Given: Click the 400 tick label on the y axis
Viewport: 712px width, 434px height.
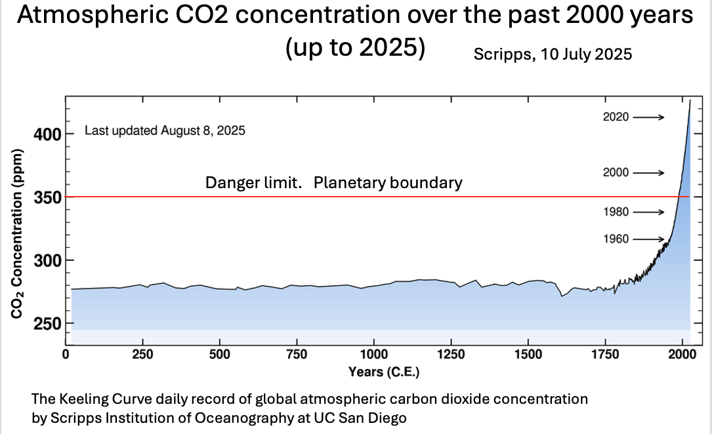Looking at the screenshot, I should tap(47, 134).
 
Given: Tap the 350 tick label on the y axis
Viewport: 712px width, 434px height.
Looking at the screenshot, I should tap(47, 197).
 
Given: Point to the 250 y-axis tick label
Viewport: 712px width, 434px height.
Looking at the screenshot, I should tap(47, 324).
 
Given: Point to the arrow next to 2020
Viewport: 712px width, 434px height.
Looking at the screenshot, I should tap(649, 117).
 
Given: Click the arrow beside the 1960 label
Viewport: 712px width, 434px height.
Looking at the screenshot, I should tap(649, 239).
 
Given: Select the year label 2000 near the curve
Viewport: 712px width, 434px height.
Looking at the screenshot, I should tap(616, 172).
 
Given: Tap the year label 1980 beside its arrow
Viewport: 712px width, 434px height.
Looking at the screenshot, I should tap(616, 212).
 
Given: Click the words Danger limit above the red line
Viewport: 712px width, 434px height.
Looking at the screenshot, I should tap(253, 182).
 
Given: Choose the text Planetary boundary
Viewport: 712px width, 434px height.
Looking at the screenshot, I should tap(388, 182).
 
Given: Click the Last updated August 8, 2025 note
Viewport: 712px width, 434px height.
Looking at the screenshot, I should tap(165, 130).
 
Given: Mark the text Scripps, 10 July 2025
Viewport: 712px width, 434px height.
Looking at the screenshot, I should tap(553, 54).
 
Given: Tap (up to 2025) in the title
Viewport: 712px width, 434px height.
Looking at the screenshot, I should tap(355, 49).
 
